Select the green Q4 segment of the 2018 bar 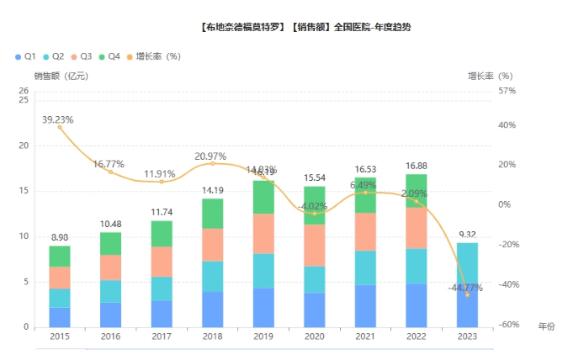point(212,214)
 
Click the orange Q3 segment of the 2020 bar point(315,246)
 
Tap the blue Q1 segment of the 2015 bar point(60,317)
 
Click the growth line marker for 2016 point(110,172)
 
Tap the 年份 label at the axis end point(546,326)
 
